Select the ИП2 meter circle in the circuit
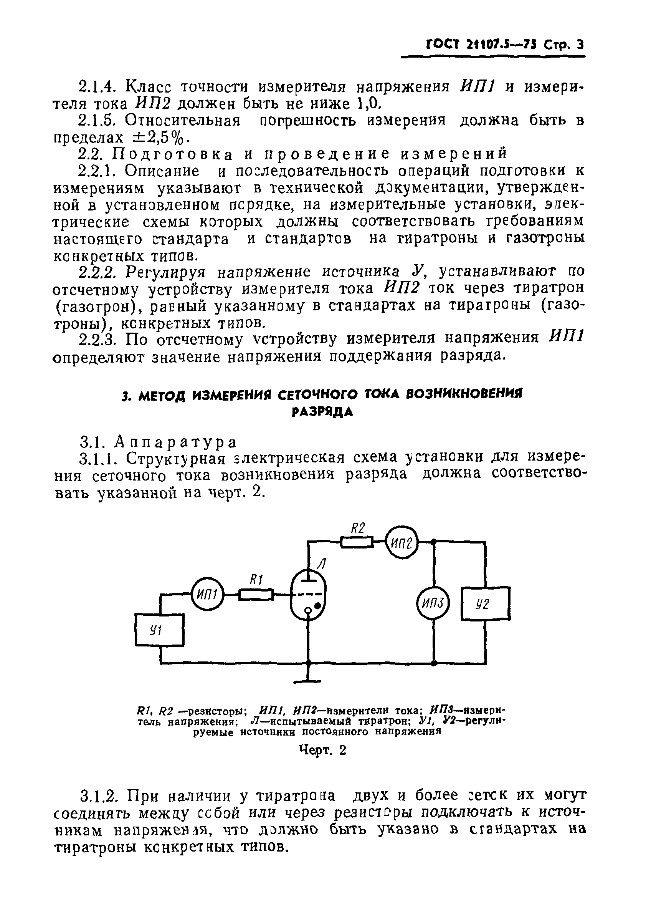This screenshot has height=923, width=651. click(x=402, y=542)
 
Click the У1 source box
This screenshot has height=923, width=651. click(x=160, y=630)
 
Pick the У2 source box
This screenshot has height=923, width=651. click(x=486, y=603)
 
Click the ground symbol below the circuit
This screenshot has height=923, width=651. click(x=308, y=681)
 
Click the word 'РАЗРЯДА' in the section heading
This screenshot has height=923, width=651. click(x=322, y=412)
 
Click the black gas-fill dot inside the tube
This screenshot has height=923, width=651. click(x=318, y=605)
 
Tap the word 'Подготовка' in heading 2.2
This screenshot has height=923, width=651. click(x=173, y=154)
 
